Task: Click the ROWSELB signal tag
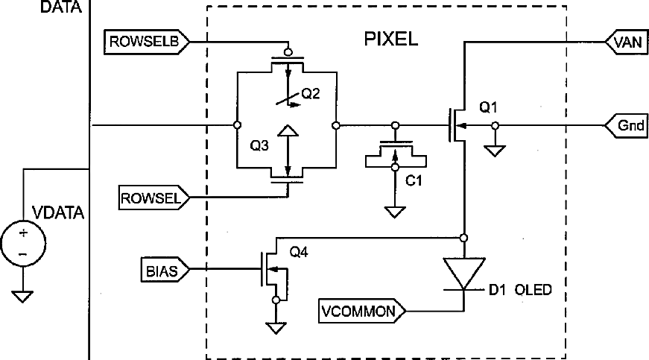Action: point(147,42)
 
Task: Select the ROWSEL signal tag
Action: point(154,198)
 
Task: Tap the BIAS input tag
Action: point(165,271)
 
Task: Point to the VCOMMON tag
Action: point(362,311)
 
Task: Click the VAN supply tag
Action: point(627,42)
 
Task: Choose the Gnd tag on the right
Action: point(627,125)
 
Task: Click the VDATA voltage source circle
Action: point(23,244)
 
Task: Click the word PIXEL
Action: point(390,39)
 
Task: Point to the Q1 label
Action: point(488,107)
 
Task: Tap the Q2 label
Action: point(311,93)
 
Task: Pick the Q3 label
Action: point(259,145)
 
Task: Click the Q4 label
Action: point(299,252)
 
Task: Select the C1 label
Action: point(414,180)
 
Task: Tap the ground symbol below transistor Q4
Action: point(276,328)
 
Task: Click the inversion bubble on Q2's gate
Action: point(288,52)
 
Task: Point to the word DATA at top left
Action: point(61,7)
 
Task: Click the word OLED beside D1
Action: point(533,290)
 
